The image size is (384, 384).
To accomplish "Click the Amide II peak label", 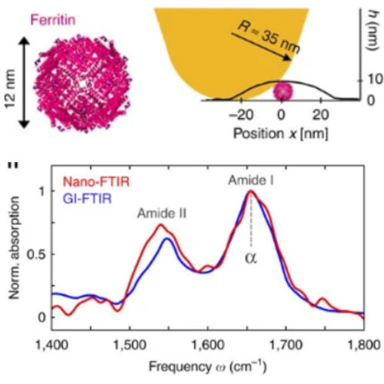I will coord(161,213).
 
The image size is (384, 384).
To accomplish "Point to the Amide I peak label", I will coord(249,181).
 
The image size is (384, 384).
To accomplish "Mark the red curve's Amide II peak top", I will coord(160,224).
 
